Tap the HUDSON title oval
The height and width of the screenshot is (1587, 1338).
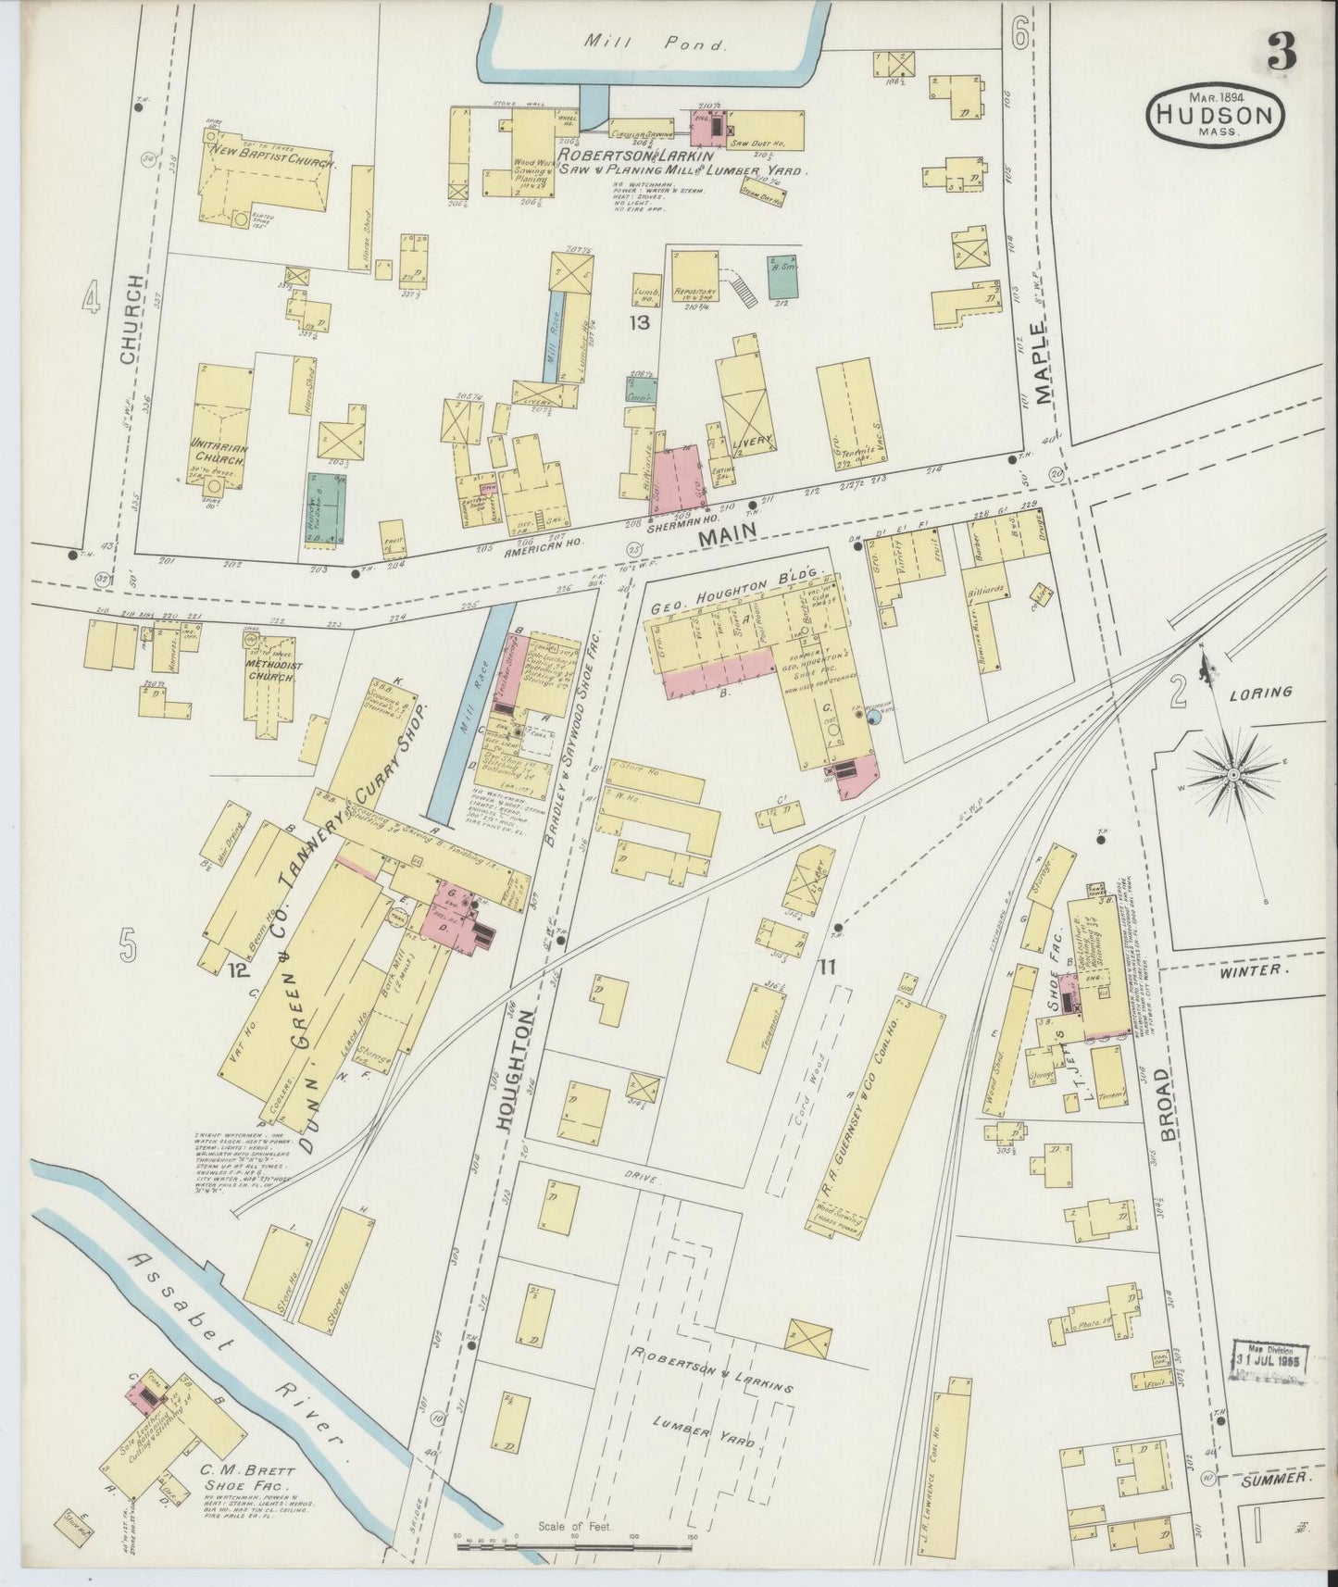pos(1216,116)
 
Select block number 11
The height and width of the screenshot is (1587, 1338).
pos(827,968)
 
